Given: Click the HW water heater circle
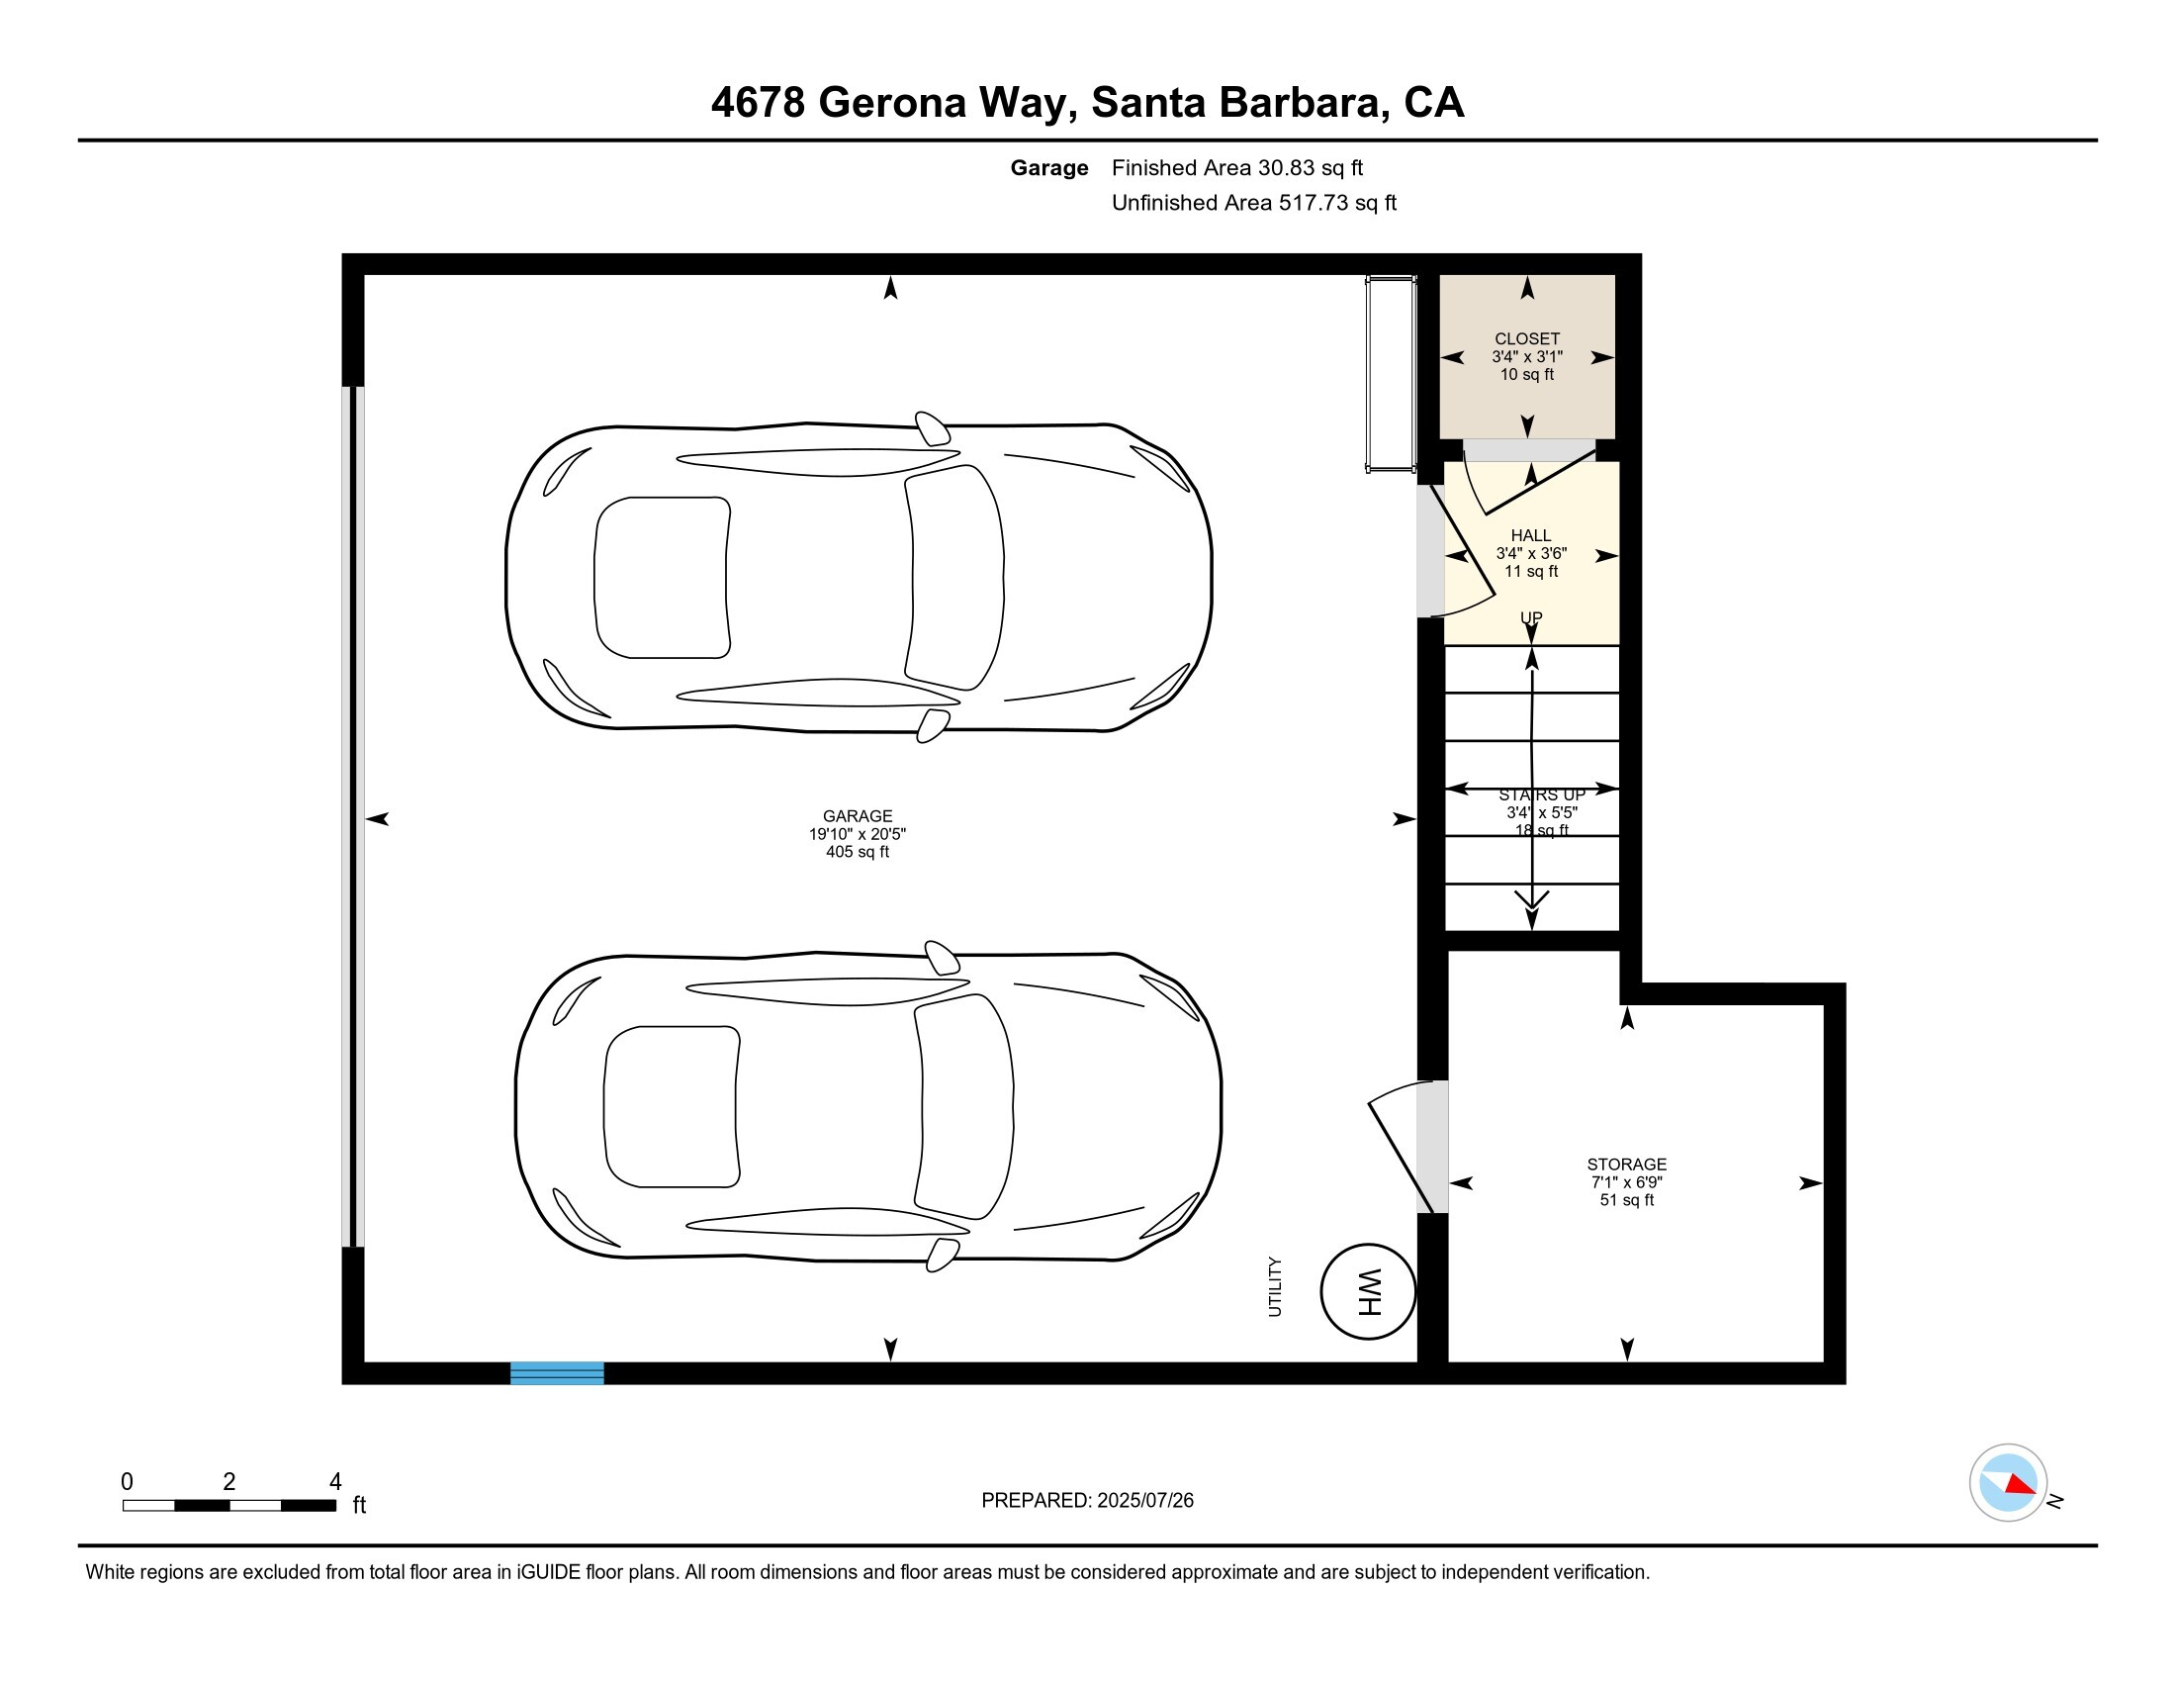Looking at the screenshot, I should point(1367,1291).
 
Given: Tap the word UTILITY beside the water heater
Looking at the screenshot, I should point(1274,1286).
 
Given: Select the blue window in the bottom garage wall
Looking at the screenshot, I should point(557,1372).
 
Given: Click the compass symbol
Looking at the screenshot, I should point(2008,1482).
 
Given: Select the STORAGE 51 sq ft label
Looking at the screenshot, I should point(1626,1181).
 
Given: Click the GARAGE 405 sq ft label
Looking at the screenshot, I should point(857,833).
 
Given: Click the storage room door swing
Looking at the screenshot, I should point(1405,1146).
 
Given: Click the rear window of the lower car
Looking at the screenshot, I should point(671,1106).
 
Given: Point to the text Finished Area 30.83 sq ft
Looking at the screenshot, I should point(1236,168).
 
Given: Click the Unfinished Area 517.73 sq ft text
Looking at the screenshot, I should point(1253,203).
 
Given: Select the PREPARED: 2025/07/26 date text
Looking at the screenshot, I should point(1087,1500).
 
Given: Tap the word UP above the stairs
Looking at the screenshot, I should point(1530,616).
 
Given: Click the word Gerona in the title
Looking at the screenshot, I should point(892,103).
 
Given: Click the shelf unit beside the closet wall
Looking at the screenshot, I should point(1390,374).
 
